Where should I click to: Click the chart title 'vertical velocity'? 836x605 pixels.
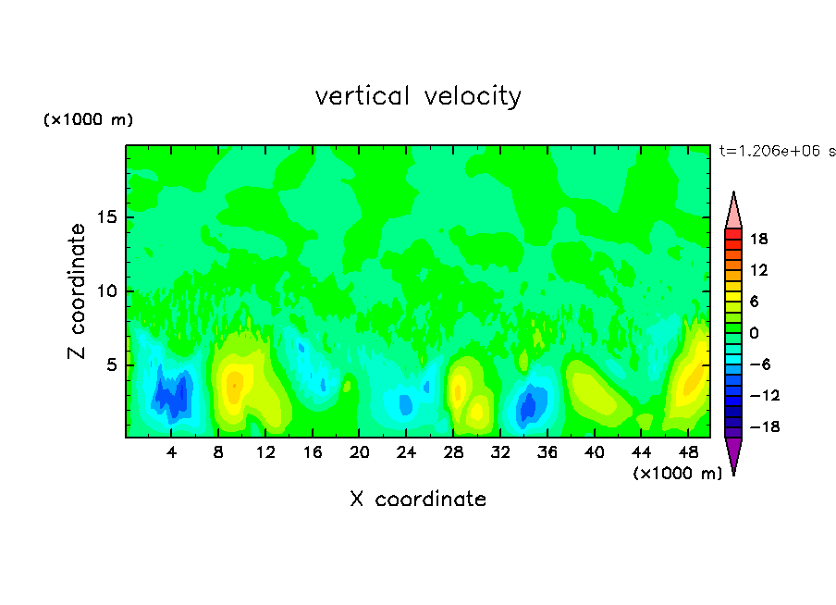[x=418, y=96]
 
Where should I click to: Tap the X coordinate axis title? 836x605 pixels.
[x=418, y=500]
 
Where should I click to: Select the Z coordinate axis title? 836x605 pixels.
[x=78, y=291]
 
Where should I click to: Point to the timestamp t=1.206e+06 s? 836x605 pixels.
[x=777, y=151]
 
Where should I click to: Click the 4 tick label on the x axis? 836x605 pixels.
[x=172, y=452]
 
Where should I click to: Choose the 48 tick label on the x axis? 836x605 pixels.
[x=687, y=452]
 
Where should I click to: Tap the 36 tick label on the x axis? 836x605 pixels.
[x=547, y=452]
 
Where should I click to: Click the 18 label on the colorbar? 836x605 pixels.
[x=758, y=239]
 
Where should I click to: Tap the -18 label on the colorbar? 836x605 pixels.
[x=757, y=427]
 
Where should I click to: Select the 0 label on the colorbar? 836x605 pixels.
[x=753, y=333]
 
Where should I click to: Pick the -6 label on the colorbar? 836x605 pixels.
[x=757, y=364]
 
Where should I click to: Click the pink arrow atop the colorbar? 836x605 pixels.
[x=733, y=211]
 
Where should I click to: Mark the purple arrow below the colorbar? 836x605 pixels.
[x=733, y=454]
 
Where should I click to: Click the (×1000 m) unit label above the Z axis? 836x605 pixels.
[x=89, y=120]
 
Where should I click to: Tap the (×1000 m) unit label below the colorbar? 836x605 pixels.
[x=678, y=474]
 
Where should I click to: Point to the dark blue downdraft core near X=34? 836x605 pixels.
[x=527, y=405]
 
